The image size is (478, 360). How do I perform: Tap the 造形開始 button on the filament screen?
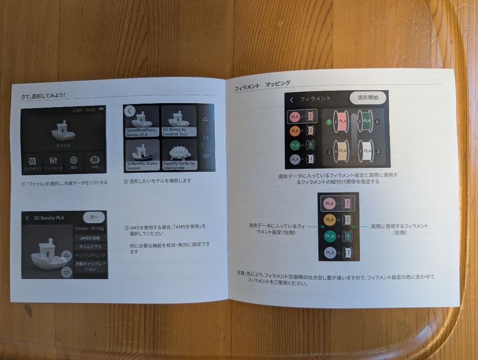tap(368, 98)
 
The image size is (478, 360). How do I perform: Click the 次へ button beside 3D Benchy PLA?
tap(94, 217)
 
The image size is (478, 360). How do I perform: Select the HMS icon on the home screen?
tap(95, 162)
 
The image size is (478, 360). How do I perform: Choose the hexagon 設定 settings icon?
tap(74, 162)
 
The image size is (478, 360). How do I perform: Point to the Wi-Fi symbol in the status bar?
tap(101, 109)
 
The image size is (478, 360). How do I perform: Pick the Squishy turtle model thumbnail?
tap(180, 155)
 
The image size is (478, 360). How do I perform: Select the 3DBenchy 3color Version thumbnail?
tap(142, 155)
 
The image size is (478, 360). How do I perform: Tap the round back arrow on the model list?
tap(130, 111)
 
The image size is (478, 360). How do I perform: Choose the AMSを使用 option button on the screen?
tap(90, 238)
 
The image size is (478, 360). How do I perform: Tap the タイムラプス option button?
tap(90, 247)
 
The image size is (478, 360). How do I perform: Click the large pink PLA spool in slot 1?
tap(341, 121)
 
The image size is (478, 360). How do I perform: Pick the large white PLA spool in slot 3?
tap(366, 151)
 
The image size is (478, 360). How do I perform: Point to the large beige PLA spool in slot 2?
tap(341, 151)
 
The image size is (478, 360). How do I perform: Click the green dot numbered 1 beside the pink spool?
tap(329, 122)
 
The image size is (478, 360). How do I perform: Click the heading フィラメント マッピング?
tap(262, 85)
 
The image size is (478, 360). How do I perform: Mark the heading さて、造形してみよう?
tap(43, 96)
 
